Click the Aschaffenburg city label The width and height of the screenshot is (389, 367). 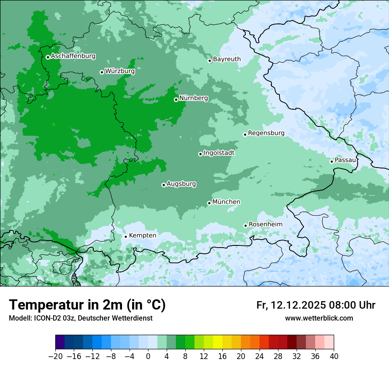pos(73,56)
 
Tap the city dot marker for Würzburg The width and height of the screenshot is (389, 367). pos(102,72)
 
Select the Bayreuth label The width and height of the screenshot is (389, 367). pos(227,59)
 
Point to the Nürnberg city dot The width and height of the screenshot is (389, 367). pos(176,99)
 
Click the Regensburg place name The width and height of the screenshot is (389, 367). pos(266,133)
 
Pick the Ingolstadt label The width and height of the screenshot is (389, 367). pos(219,153)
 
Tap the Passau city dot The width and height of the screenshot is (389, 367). pos(332,161)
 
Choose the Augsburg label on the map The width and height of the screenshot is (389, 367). pos(181,183)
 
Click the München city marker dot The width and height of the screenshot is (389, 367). pos(209,203)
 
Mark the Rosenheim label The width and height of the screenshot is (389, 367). pos(265,224)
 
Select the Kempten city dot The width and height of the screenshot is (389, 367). pos(126,237)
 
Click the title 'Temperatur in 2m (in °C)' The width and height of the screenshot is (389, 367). pos(88,305)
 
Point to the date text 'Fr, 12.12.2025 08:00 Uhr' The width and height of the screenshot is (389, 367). pos(316,305)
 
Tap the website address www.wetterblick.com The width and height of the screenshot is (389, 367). pos(319,318)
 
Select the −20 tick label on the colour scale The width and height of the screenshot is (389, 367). pos(56,356)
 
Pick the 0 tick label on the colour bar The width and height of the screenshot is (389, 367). pos(148,356)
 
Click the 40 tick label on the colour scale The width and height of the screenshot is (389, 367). pos(334,356)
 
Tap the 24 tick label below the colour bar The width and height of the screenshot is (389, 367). pos(259,356)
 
